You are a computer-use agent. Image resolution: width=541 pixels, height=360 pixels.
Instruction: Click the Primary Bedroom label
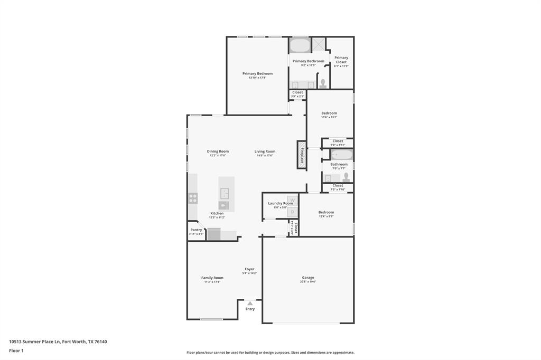tap(257, 73)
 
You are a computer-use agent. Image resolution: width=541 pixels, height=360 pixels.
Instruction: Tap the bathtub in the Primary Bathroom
tap(300, 45)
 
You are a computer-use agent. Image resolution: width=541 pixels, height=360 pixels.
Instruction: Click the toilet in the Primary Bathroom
tap(323, 83)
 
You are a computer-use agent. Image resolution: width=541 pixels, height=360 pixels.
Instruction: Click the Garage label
tap(308, 277)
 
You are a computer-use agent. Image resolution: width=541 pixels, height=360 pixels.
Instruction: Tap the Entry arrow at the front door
tap(250, 303)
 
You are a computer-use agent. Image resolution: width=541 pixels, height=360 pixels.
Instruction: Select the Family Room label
tap(212, 278)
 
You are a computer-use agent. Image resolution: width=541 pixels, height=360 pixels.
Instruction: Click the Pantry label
tap(196, 230)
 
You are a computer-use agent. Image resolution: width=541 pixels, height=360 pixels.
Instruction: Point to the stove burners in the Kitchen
tap(193, 198)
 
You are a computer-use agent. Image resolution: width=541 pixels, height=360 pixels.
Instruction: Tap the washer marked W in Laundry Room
tap(293, 200)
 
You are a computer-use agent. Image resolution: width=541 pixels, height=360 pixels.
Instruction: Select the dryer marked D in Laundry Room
tap(293, 212)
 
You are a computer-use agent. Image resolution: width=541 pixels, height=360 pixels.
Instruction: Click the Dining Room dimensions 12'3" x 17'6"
tap(218, 156)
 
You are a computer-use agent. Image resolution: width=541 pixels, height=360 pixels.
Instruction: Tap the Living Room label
tap(265, 151)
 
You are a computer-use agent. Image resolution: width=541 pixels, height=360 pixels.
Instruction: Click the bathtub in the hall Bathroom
tap(342, 155)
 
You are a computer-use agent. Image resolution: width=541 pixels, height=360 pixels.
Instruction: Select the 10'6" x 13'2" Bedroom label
tap(329, 113)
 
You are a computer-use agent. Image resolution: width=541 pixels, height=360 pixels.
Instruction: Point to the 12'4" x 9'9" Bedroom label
tap(326, 212)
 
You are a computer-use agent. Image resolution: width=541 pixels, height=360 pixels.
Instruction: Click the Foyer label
tap(249, 269)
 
